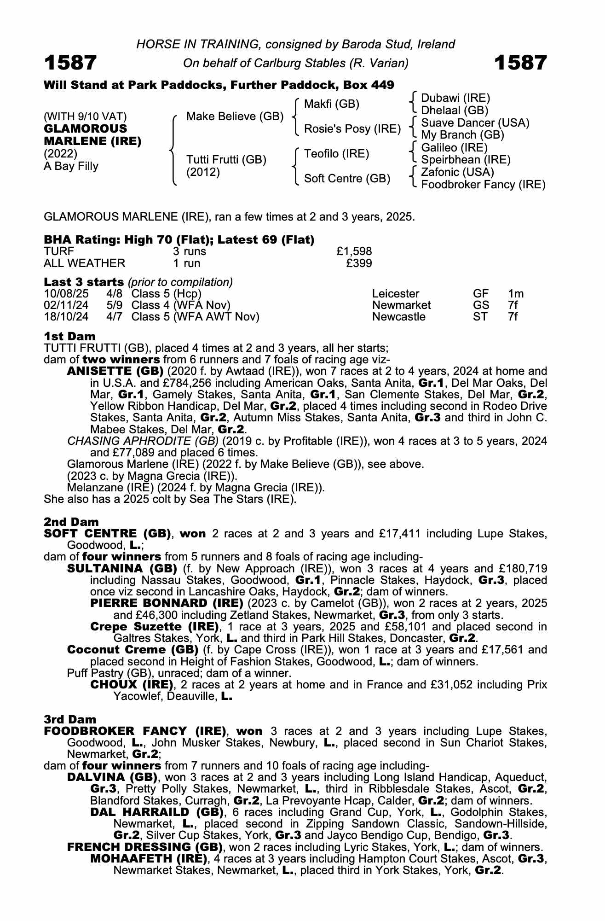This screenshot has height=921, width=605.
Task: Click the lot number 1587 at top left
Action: pyautogui.click(x=70, y=63)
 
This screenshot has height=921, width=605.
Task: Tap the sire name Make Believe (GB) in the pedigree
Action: pyautogui.click(x=235, y=117)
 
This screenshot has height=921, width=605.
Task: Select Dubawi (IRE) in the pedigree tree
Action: pyautogui.click(x=455, y=98)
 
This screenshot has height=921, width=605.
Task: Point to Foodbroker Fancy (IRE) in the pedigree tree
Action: pyautogui.click(x=483, y=185)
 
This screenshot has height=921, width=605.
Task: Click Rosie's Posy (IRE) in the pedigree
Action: pyautogui.click(x=352, y=129)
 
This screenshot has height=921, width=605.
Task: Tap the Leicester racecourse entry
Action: pyautogui.click(x=396, y=294)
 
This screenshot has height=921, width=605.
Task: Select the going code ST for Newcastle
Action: pyautogui.click(x=479, y=317)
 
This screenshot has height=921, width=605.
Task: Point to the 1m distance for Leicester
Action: pyautogui.click(x=516, y=294)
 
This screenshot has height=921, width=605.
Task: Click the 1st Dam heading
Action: pyautogui.click(x=70, y=336)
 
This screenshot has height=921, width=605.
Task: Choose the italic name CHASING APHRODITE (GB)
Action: pyautogui.click(x=143, y=441)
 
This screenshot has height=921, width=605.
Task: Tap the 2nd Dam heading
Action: pyautogui.click(x=71, y=522)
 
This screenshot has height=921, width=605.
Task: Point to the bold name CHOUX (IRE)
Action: pyautogui.click(x=132, y=685)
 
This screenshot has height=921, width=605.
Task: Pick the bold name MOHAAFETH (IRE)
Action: pyautogui.click(x=149, y=859)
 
